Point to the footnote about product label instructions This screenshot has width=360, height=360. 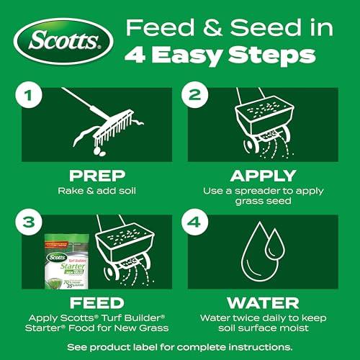pos(180,345)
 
